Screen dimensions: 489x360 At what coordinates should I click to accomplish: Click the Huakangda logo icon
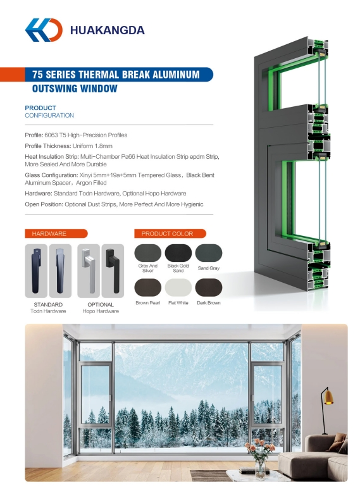click(44, 30)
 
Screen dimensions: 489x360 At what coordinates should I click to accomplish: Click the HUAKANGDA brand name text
click(107, 30)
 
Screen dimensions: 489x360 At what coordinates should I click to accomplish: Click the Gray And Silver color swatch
click(147, 253)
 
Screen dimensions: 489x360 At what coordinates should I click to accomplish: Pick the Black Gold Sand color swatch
click(178, 253)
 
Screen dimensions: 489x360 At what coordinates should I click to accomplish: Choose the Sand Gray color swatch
click(208, 253)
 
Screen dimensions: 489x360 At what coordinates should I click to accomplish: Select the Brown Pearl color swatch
click(147, 288)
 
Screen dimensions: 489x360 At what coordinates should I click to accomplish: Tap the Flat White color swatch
click(178, 288)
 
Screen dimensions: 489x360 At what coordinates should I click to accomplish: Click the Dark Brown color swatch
click(208, 288)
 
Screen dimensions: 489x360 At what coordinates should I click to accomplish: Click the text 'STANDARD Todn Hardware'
click(48, 308)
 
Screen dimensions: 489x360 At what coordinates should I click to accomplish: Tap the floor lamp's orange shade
click(328, 397)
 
